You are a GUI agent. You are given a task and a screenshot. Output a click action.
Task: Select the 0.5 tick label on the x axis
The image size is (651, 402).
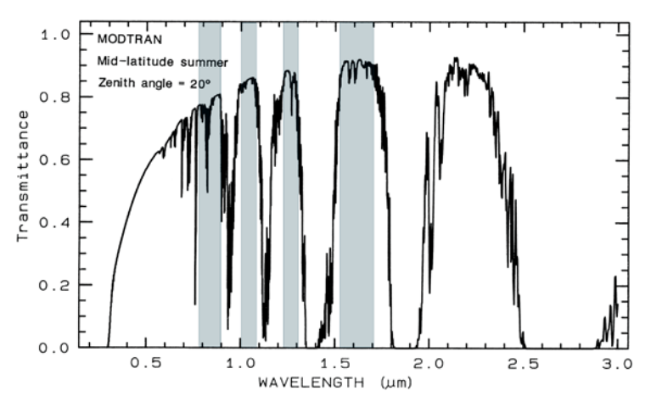[145, 365]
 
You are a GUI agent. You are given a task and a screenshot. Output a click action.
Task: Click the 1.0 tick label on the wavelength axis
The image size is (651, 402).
[241, 365]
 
